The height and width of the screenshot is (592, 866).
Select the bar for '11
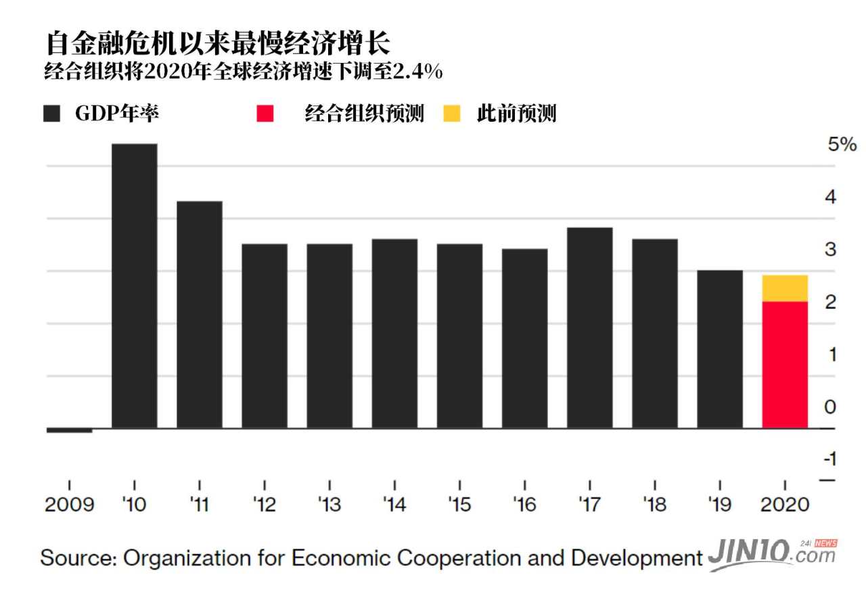(199, 315)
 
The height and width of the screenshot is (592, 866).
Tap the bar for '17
(589, 327)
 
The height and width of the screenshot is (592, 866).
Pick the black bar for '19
(719, 349)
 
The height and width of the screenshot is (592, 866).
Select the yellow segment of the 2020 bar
(785, 288)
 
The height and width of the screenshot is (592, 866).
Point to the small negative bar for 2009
(69, 430)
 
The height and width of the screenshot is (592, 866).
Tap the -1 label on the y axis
(829, 459)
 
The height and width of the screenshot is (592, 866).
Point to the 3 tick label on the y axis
(830, 250)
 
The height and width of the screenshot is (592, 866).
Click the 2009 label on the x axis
(69, 505)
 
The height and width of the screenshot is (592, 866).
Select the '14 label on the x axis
(394, 505)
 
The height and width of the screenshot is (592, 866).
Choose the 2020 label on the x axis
(785, 505)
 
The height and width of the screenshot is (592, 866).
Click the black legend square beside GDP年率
(51, 113)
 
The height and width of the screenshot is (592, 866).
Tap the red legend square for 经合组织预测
(265, 113)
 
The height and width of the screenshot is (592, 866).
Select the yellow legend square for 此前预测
(452, 113)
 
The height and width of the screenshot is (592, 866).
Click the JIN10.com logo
(771, 556)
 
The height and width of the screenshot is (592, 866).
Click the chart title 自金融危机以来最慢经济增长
(218, 44)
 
